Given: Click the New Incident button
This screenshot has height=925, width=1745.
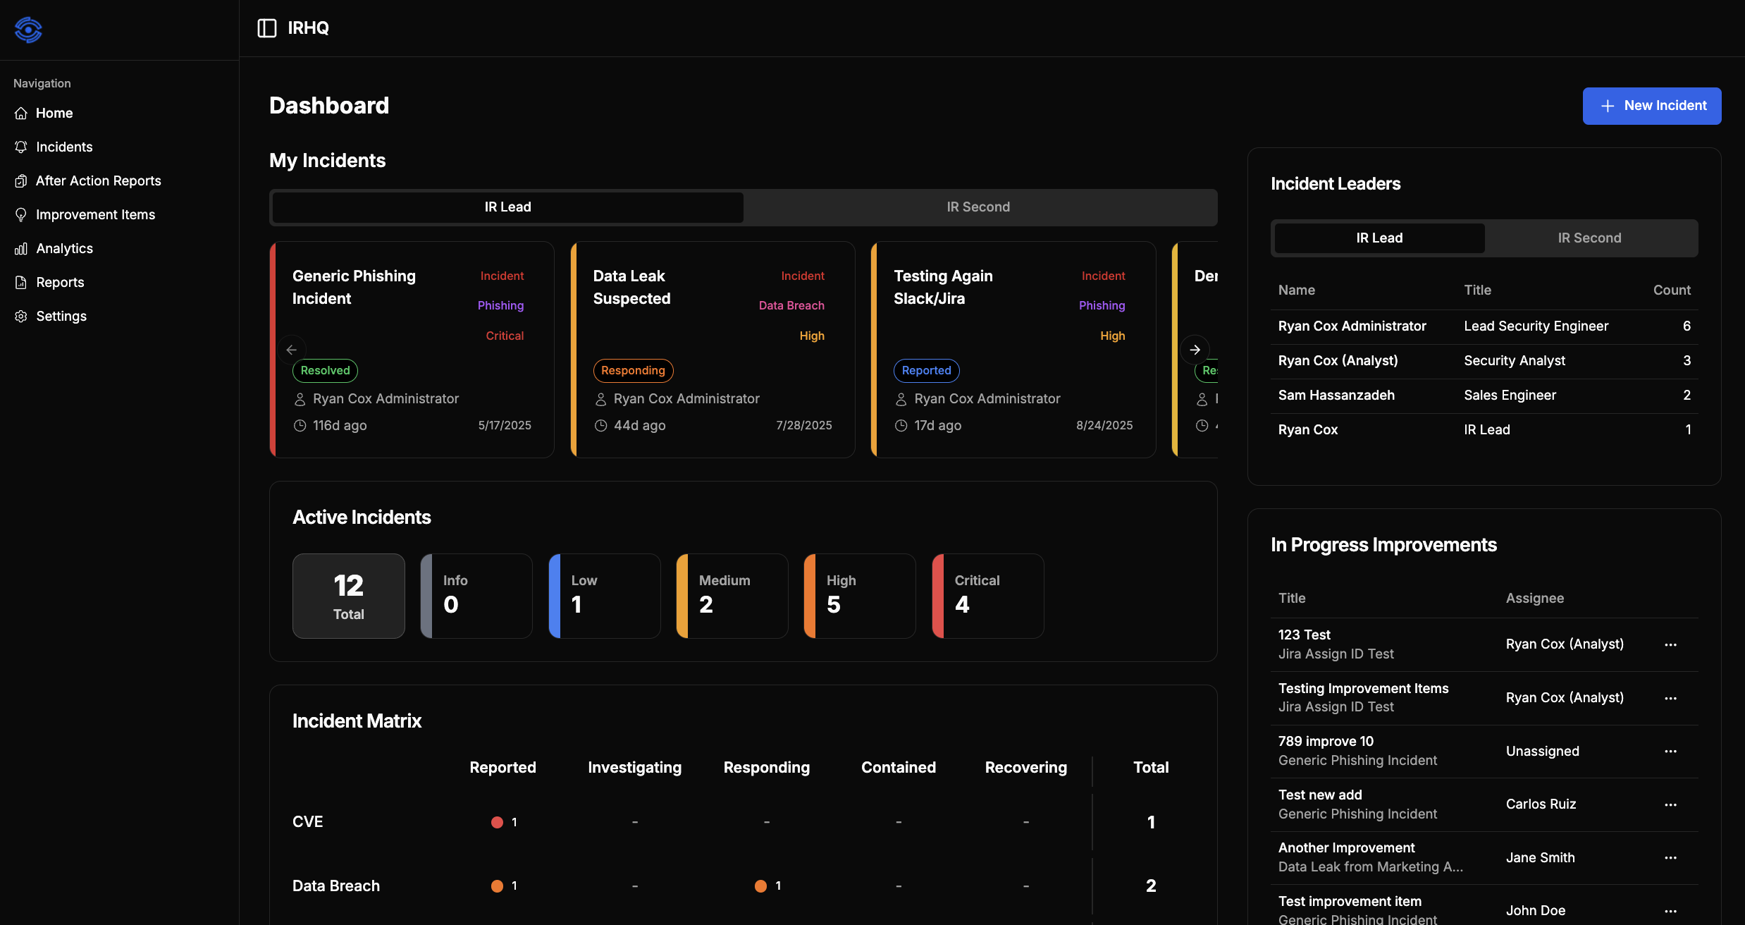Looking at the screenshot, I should (x=1651, y=106).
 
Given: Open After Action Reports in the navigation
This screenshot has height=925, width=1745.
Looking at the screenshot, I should (x=98, y=180).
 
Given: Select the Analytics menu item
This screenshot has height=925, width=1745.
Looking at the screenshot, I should (x=64, y=248).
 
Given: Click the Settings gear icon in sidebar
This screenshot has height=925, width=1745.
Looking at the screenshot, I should (x=21, y=316).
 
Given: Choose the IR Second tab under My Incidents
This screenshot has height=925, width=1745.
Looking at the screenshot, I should (x=978, y=207).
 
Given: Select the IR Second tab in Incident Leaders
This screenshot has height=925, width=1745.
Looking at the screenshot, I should (x=1589, y=238).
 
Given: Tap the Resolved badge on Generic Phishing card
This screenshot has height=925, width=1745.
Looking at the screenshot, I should (x=325, y=370).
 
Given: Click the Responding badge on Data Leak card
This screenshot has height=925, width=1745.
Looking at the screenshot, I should (x=632, y=370).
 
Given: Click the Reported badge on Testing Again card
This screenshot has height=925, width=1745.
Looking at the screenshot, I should (x=926, y=370).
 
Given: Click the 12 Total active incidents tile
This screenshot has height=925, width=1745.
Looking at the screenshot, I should (x=348, y=596).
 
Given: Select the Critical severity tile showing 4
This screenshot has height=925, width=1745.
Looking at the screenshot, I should (x=987, y=596).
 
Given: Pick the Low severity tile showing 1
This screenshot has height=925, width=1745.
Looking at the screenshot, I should (x=604, y=596).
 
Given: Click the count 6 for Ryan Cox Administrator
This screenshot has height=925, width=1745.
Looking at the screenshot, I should (x=1687, y=326).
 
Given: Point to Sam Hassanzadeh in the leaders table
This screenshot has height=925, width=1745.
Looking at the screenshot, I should (x=1336, y=395).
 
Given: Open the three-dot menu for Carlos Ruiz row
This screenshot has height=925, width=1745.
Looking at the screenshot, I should (x=1670, y=804).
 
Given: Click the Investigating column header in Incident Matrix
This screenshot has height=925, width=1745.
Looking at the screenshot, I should (x=634, y=767).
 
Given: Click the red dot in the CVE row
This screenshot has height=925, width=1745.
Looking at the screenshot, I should (x=497, y=822).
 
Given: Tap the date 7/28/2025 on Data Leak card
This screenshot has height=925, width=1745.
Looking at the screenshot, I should (x=803, y=425).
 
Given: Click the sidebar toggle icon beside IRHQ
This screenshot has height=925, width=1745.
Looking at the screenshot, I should (x=267, y=28).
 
